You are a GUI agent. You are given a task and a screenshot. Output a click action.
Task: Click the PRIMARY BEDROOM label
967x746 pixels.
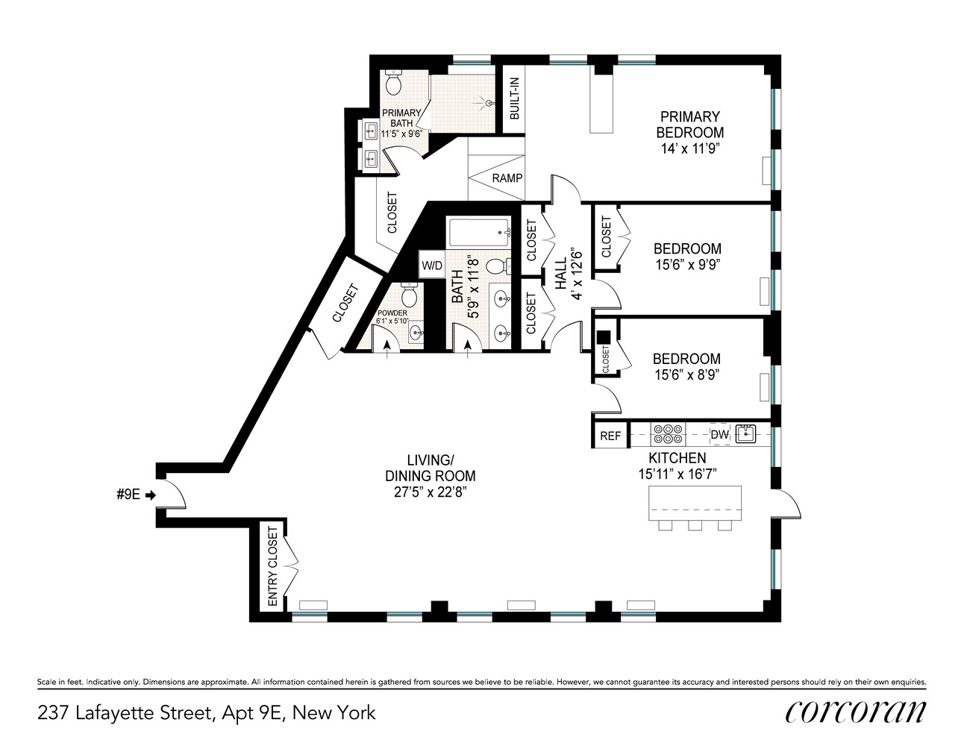[x=689, y=125]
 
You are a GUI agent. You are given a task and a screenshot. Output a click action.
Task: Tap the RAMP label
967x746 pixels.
[x=507, y=178]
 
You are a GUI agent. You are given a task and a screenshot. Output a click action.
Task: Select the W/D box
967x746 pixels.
[x=431, y=266]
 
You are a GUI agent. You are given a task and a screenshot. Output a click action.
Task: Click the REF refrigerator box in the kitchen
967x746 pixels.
[x=610, y=436]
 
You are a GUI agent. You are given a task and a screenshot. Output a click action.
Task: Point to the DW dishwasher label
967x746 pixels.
[x=719, y=435]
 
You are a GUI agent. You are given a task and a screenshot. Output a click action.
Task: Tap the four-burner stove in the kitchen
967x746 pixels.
[x=667, y=434]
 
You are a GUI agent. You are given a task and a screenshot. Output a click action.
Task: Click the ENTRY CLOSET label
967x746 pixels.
[x=272, y=566]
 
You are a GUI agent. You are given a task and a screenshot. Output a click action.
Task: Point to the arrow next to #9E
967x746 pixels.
[x=150, y=495]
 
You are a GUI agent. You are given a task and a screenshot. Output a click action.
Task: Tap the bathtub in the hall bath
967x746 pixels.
[x=479, y=233]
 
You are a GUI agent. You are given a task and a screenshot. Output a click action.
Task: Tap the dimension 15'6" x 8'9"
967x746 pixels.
[x=686, y=375]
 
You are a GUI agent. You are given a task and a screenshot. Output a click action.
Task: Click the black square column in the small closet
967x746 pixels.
[x=604, y=337]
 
